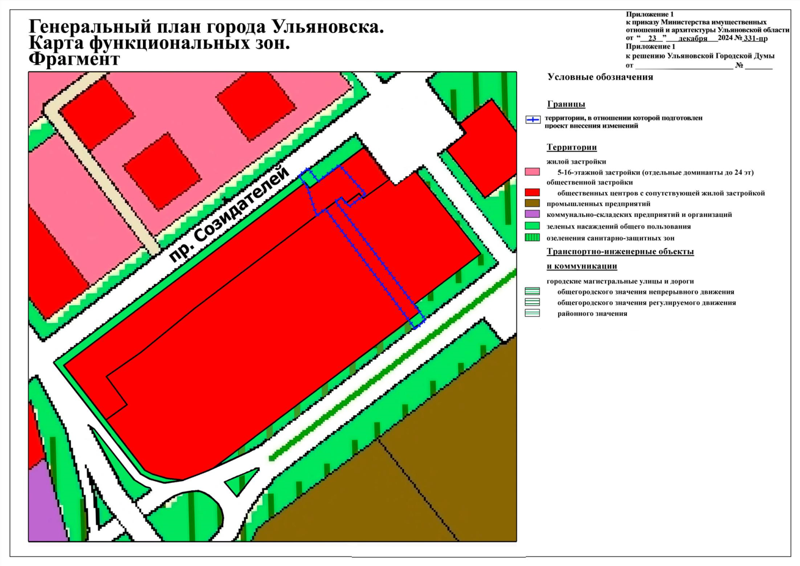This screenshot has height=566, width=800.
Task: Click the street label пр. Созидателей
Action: pyautogui.click(x=229, y=214)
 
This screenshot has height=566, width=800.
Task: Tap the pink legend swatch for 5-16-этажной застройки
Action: pyautogui.click(x=532, y=172)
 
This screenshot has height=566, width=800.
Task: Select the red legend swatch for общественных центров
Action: pyautogui.click(x=532, y=192)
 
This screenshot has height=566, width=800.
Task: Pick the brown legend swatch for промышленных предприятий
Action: pyautogui.click(x=532, y=203)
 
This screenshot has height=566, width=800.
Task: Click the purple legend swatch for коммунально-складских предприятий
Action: pyautogui.click(x=532, y=214)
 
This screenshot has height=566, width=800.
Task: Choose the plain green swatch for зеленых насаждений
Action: pyautogui.click(x=532, y=226)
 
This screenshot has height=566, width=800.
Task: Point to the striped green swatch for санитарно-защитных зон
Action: pyautogui.click(x=532, y=238)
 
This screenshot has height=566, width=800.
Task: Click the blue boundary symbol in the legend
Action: pyautogui.click(x=532, y=120)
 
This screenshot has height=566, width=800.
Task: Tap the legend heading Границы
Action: pyautogui.click(x=566, y=104)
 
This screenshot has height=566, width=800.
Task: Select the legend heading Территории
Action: pyautogui.click(x=572, y=147)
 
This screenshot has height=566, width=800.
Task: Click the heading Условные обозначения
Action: pyautogui.click(x=600, y=77)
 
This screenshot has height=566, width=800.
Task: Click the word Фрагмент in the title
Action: pyautogui.click(x=74, y=59)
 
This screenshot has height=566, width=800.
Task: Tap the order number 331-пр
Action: pyautogui.click(x=755, y=38)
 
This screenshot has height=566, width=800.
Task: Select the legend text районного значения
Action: pyautogui.click(x=592, y=314)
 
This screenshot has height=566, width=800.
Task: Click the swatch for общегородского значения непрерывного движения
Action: pyautogui.click(x=532, y=291)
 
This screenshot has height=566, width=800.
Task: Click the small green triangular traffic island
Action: pyautogui.click(x=241, y=481)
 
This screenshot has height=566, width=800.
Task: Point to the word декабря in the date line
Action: pyautogui.click(x=692, y=39)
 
